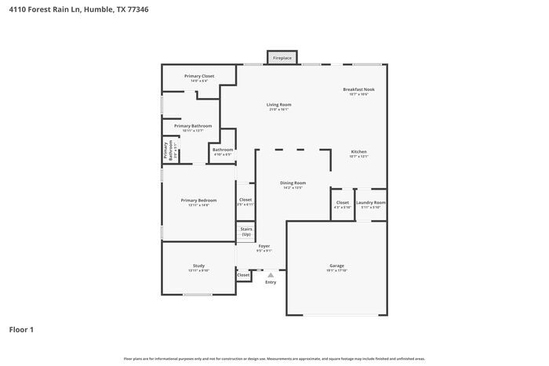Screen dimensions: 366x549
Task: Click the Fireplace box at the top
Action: tap(282, 58)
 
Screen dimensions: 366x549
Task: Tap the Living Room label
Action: tap(278, 104)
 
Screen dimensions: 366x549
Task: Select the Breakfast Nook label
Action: tap(358, 89)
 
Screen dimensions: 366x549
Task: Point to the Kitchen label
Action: tap(358, 151)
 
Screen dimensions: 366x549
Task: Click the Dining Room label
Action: tap(293, 183)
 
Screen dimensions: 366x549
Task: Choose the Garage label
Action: tap(336, 266)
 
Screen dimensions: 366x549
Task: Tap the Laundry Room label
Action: tap(370, 203)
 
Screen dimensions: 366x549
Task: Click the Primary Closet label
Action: tap(198, 76)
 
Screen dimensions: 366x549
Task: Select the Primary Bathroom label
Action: tap(192, 125)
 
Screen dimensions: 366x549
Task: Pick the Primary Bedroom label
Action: tap(198, 201)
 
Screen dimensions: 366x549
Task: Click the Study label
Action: tap(198, 266)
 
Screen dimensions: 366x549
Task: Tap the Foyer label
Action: tap(264, 246)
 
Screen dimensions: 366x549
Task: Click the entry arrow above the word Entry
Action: tap(271, 275)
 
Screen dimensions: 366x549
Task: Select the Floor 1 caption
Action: tap(21, 329)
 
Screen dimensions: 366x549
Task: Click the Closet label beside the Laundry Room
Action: tap(342, 203)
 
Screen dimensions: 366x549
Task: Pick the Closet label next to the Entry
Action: tap(243, 275)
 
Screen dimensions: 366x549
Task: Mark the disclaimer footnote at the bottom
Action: tap(274, 358)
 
